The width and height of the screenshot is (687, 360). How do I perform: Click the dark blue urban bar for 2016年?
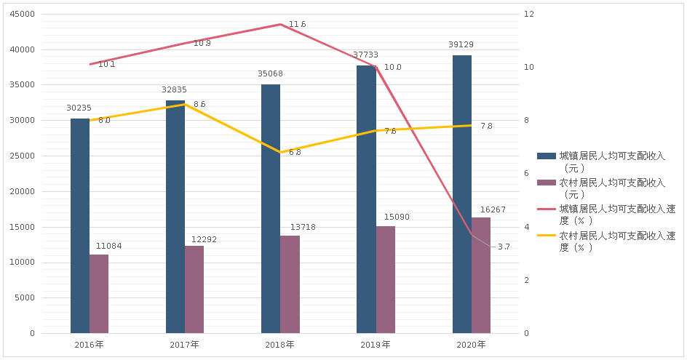tap(80, 225)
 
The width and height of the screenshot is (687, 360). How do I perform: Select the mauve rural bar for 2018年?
tap(290, 284)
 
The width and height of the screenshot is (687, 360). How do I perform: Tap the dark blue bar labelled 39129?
tap(461, 193)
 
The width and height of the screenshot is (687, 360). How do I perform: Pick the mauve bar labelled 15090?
tap(385, 279)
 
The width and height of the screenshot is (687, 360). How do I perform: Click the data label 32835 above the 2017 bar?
tap(174, 91)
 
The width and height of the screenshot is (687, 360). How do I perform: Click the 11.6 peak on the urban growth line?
tap(297, 24)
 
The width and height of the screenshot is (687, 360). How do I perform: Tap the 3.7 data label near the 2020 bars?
tap(504, 249)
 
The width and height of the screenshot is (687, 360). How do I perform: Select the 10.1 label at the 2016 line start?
tap(106, 64)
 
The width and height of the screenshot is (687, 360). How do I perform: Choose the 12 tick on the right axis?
tap(529, 15)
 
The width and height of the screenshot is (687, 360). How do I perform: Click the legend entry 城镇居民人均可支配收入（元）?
tap(610, 161)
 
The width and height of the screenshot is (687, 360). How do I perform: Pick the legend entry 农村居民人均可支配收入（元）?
tap(610, 189)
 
